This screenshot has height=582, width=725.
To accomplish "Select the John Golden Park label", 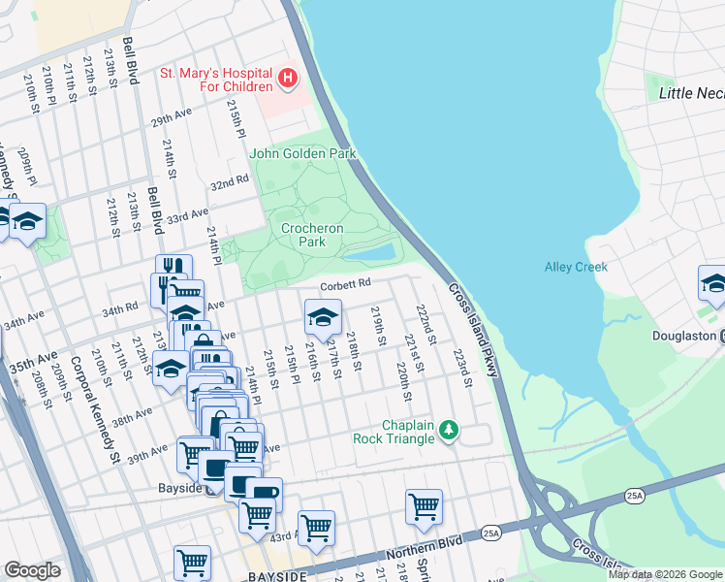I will coord(302,153).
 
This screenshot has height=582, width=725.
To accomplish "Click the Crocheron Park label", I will coord(312,235).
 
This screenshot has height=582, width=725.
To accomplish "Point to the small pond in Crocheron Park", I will coord(369,253).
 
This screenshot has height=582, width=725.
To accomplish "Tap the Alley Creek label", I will coord(575,267).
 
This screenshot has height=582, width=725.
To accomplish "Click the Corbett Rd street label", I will coord(346,283).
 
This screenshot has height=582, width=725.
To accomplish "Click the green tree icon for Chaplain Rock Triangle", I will coord(448,428).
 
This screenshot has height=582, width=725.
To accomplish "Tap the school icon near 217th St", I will coord(324,315).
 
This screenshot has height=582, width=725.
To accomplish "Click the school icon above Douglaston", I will coord(713,282).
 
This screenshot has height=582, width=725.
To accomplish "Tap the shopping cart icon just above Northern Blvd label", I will coord(424,505).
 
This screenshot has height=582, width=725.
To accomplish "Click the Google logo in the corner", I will coord(33,570).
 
